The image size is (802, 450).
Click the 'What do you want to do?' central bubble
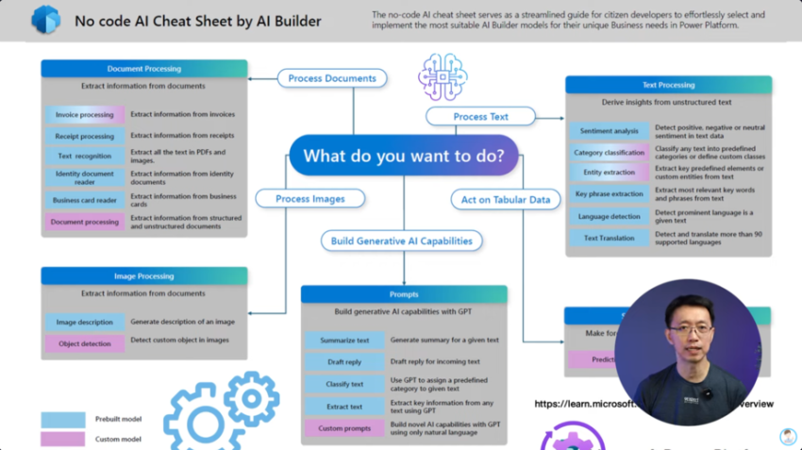[404, 156]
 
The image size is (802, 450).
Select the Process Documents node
[331, 78]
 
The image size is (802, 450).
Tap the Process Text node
[480, 117]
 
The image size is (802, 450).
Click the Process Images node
[309, 199]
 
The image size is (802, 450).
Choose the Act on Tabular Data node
[505, 200]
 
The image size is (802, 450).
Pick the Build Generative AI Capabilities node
[401, 241]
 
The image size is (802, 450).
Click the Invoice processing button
[84, 115]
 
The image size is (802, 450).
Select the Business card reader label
[84, 200]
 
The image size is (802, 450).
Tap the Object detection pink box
[84, 344]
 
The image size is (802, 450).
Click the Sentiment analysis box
[609, 131]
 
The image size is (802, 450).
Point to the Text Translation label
[609, 238]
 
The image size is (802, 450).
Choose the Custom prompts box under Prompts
[343, 428]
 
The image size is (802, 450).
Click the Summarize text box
[343, 340]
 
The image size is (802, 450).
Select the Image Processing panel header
[143, 276]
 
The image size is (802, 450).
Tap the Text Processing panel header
[668, 85]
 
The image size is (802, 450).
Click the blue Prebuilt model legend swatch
[63, 419]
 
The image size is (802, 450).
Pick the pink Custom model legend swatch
[63, 439]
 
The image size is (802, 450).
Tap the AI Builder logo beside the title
[44, 20]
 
